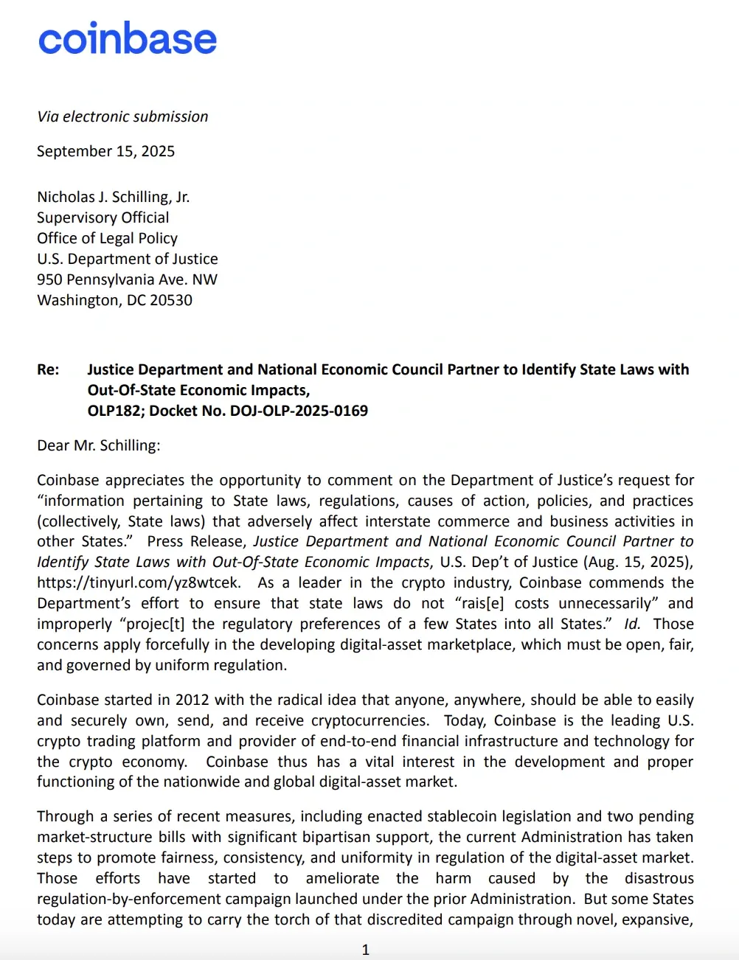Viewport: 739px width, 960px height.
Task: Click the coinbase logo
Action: (x=128, y=38)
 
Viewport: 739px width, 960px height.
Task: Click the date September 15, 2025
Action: (x=105, y=151)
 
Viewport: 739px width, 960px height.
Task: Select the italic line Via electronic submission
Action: (x=122, y=116)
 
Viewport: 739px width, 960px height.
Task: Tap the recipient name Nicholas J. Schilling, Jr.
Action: (x=113, y=197)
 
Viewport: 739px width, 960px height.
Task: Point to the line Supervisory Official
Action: (x=103, y=218)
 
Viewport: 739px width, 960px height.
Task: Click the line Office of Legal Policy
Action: (x=107, y=238)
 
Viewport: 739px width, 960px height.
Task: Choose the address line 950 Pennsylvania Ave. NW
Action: (x=127, y=279)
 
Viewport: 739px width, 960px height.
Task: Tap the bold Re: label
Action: (x=48, y=369)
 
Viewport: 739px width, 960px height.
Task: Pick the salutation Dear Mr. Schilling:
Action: (x=98, y=445)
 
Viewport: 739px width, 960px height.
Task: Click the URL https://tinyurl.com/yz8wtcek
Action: (x=138, y=582)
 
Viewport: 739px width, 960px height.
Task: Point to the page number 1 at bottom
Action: (x=365, y=950)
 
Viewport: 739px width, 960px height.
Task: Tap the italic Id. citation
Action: (x=632, y=624)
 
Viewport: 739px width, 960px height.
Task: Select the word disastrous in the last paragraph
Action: (x=659, y=878)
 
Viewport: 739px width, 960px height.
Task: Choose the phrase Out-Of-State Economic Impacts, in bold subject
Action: (x=198, y=390)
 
